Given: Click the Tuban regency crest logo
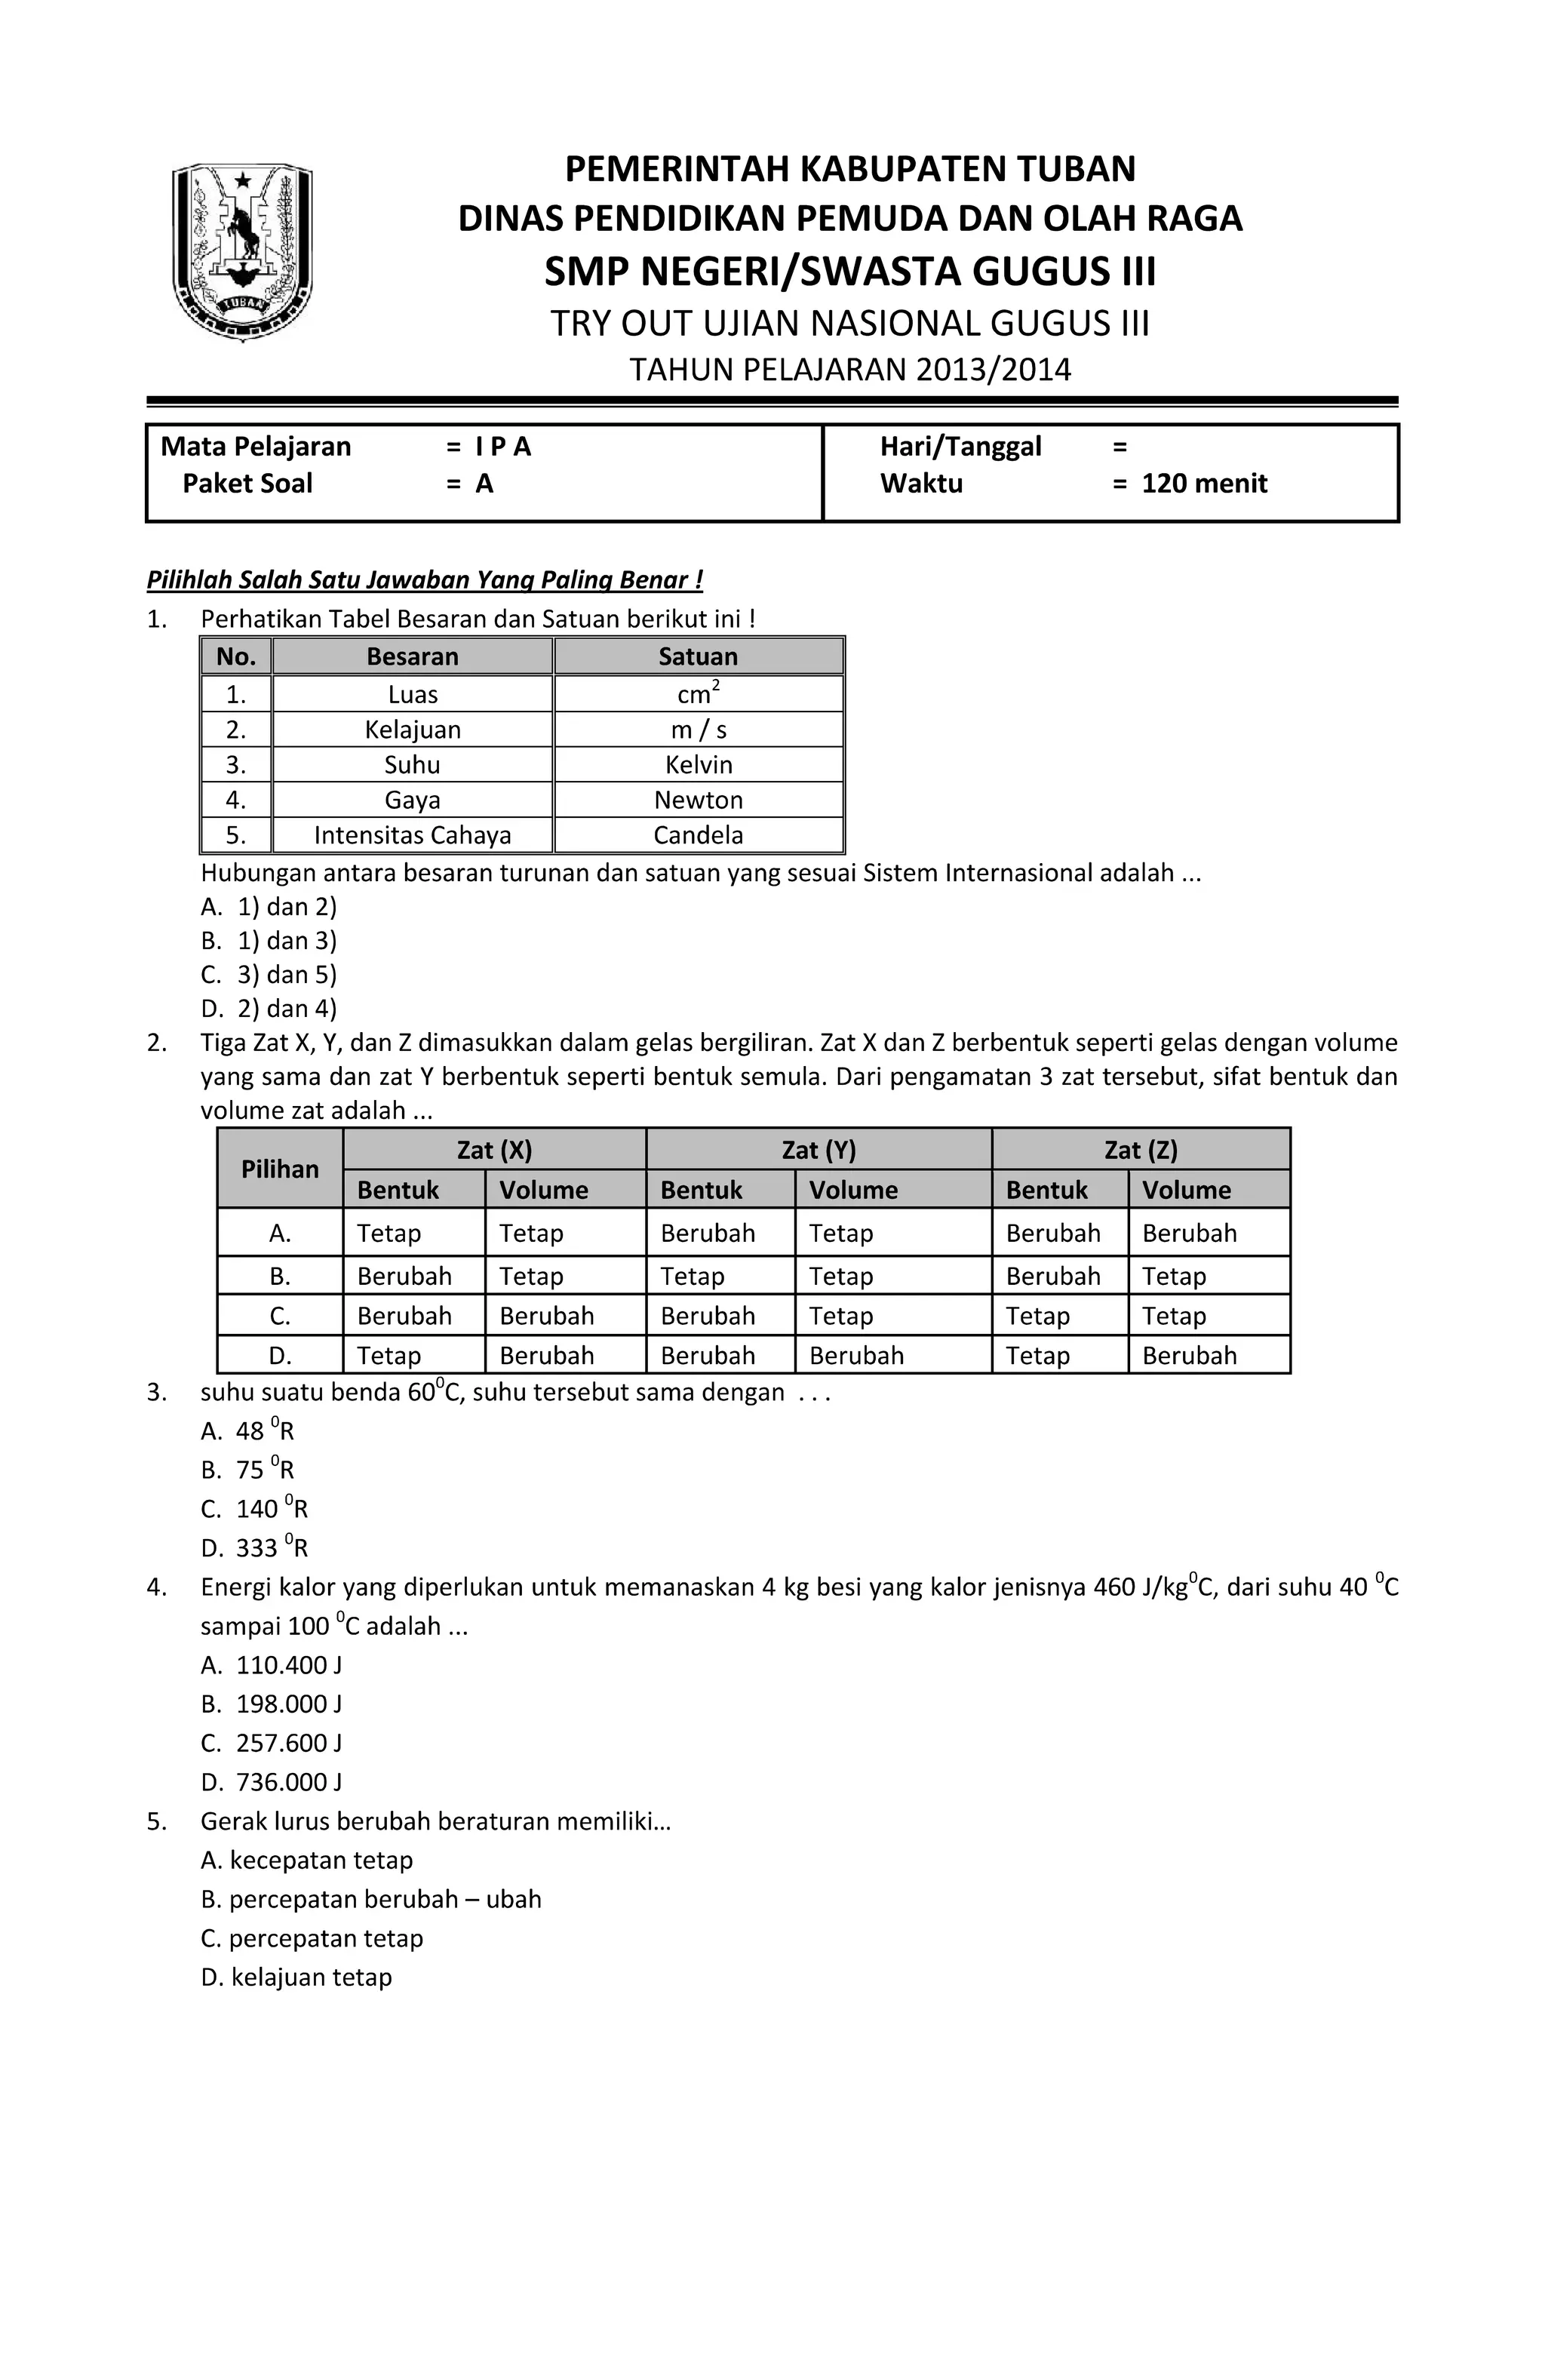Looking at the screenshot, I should tap(242, 251).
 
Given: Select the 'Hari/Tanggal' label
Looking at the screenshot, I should tap(960, 447).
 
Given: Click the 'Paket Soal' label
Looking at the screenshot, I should tap(247, 484).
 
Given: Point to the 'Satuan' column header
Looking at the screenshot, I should tap(698, 656).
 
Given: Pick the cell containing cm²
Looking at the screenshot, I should tap(698, 694).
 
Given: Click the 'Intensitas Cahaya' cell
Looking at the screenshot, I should tap(412, 835).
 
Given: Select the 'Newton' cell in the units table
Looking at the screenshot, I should tap(698, 800).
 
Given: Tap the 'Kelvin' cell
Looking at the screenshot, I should tap(698, 764).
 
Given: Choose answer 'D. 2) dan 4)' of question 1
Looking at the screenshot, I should tap(269, 1009).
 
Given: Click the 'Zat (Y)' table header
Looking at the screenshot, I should tap(819, 1150).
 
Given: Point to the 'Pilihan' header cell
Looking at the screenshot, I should tap(280, 1169).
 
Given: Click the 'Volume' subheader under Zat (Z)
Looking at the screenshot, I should tap(1186, 1190).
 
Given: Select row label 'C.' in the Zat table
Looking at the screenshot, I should tap(280, 1316).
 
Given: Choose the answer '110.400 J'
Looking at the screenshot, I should tap(288, 1665).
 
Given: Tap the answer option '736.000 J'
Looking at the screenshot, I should tap(288, 1782).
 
